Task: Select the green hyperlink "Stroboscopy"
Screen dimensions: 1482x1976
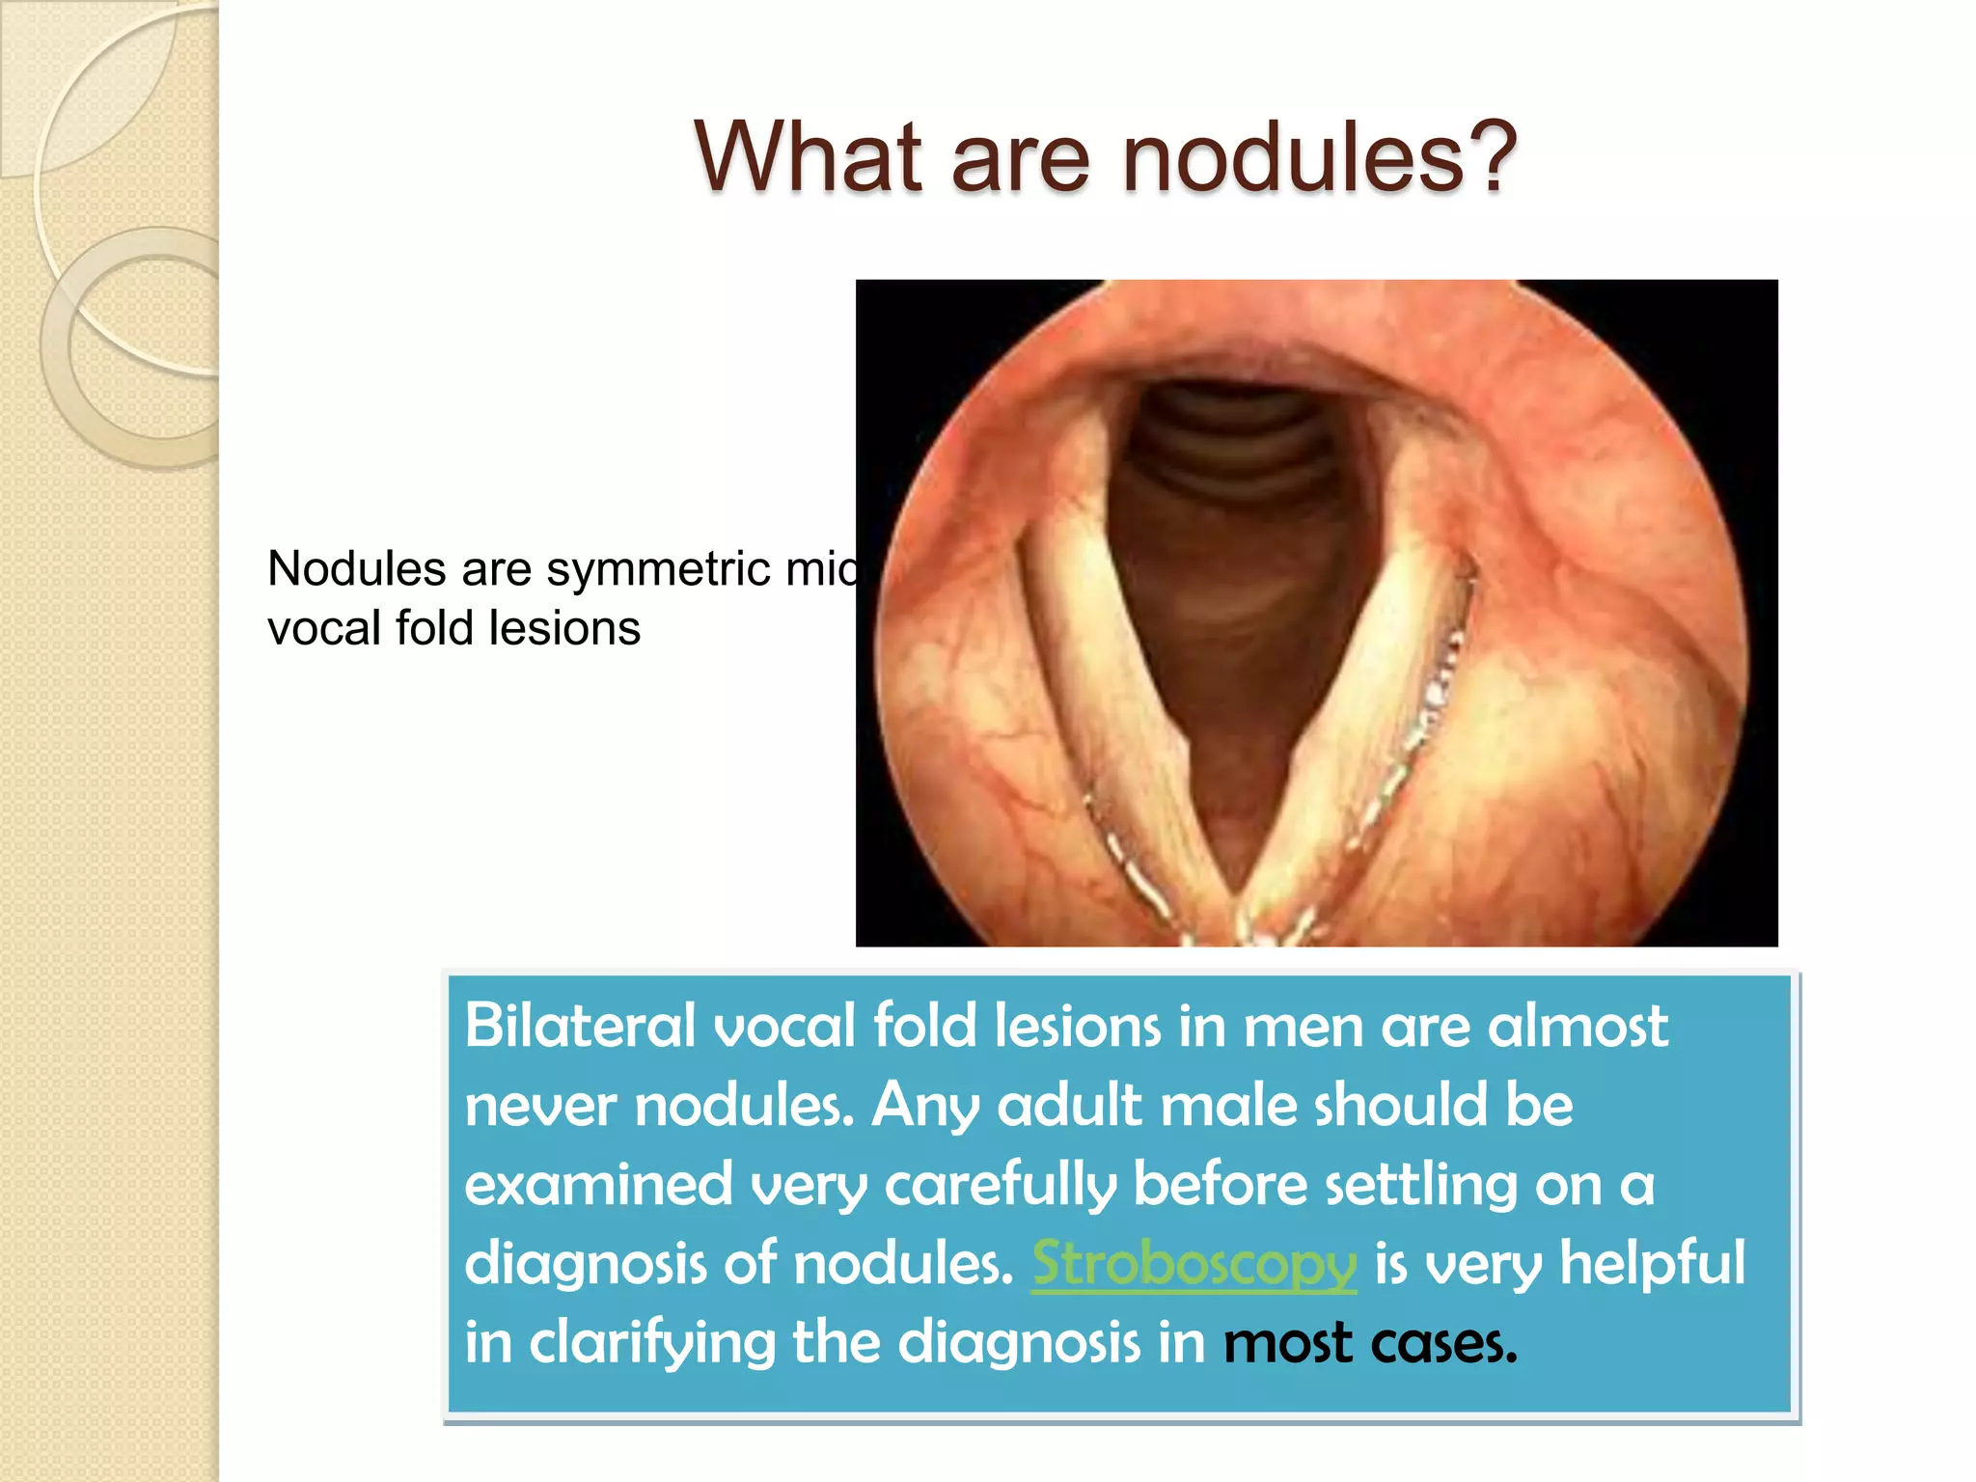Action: point(1194,1263)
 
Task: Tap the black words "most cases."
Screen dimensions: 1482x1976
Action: point(1370,1342)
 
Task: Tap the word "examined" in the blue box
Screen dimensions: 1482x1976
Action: point(598,1184)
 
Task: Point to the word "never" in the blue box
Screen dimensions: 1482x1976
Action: point(540,1105)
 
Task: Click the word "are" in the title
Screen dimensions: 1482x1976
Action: point(1021,156)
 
